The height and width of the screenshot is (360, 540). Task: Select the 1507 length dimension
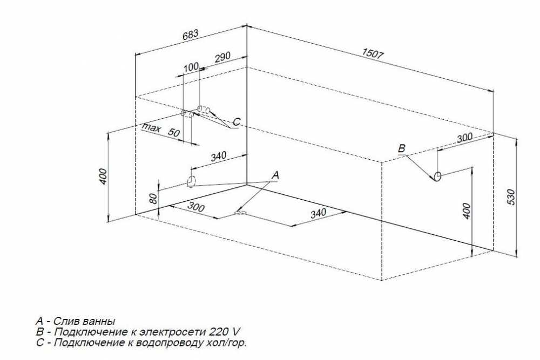point(373,53)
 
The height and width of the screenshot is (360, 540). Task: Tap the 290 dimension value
point(223,57)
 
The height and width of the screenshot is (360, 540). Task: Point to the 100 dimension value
point(191,67)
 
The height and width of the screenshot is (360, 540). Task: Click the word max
point(152,128)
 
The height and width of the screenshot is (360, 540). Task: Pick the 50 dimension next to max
point(174,132)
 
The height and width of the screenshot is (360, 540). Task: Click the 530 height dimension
point(511,197)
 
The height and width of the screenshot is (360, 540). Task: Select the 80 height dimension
point(153,198)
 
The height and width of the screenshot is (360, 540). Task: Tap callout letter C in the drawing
point(237,122)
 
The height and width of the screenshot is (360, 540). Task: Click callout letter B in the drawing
point(402,148)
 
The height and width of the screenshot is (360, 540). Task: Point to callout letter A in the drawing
point(275,175)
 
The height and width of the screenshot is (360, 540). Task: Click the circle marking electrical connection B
point(437,176)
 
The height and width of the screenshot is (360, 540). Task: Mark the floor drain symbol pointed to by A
point(241,213)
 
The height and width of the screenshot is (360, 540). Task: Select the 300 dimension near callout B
point(464,138)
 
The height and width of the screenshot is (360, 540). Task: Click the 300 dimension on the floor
point(196,207)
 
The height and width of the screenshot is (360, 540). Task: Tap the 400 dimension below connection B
point(466,211)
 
